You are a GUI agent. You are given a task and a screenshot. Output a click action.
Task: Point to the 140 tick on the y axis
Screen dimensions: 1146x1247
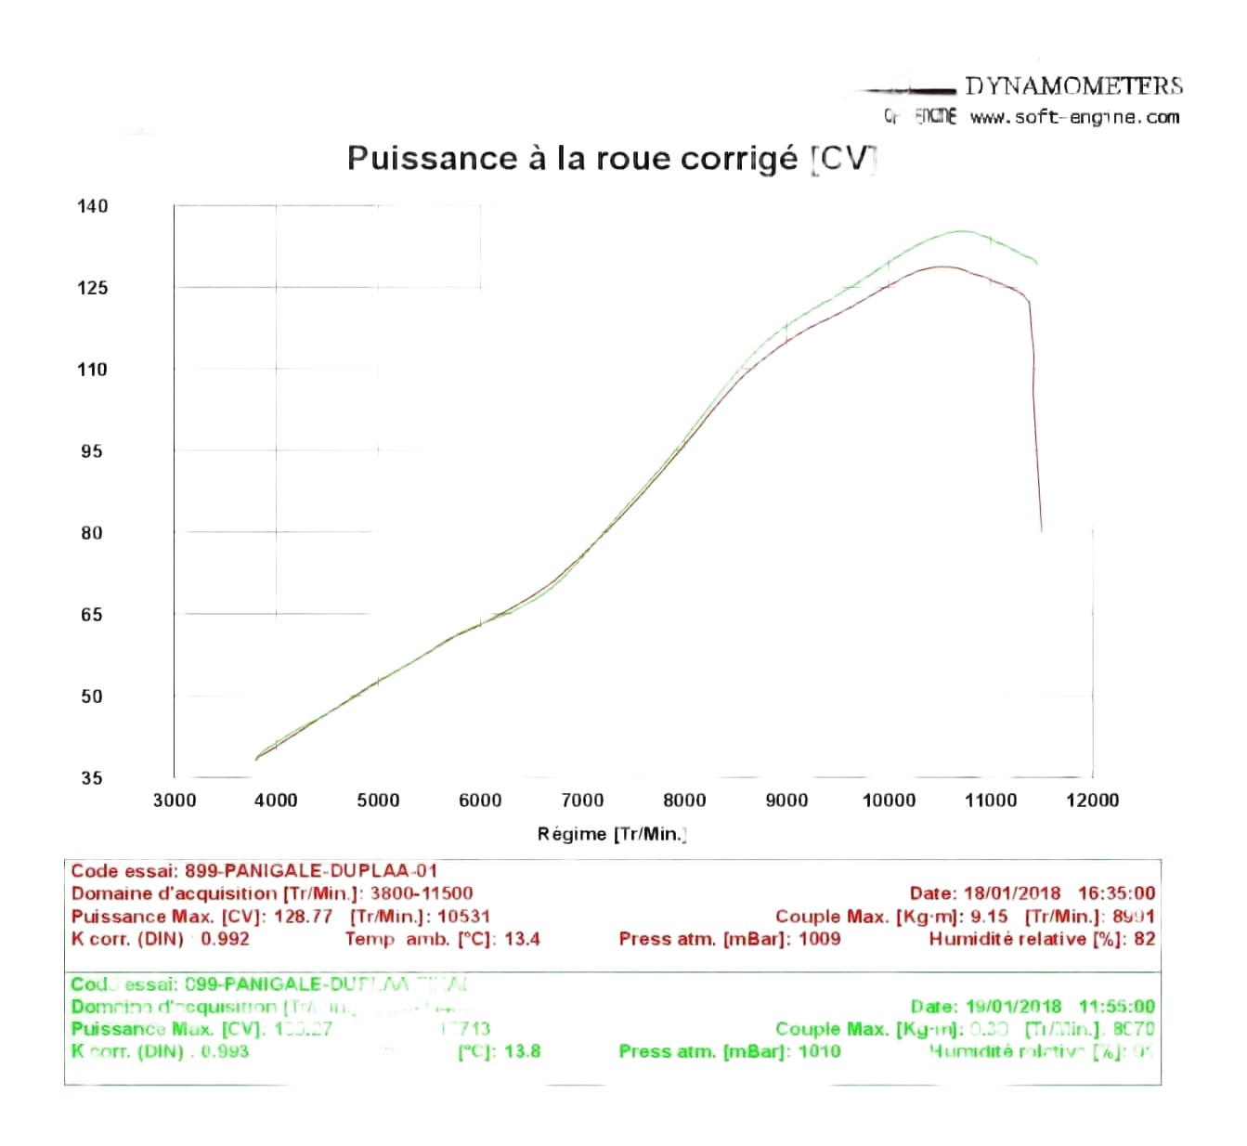[92, 206]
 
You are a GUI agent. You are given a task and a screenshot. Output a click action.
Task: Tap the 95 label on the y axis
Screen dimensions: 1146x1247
[92, 451]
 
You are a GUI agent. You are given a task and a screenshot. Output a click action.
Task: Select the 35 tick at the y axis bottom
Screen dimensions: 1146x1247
[92, 778]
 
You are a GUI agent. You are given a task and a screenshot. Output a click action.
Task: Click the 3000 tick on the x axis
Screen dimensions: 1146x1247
[175, 801]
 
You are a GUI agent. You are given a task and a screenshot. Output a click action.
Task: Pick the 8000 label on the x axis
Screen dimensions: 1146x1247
[684, 801]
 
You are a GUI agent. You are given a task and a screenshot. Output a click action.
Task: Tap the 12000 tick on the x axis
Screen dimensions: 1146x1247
[1092, 801]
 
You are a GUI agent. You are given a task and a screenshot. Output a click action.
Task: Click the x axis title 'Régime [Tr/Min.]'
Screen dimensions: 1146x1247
[612, 834]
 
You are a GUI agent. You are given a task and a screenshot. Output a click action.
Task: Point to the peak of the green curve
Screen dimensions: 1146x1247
[962, 231]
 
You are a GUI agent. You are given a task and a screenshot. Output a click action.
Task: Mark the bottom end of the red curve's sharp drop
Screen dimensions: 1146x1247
[1041, 530]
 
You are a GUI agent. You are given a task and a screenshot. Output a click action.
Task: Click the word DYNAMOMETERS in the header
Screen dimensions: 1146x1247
[1073, 86]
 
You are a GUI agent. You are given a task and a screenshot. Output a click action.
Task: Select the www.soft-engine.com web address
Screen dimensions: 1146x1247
[1074, 118]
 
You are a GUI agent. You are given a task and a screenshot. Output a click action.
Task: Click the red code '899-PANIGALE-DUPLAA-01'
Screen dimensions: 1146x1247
[311, 871]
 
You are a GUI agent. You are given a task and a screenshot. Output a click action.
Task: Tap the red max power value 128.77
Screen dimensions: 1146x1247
[303, 917]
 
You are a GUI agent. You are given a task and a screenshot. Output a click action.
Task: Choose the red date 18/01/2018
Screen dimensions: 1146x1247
[1012, 893]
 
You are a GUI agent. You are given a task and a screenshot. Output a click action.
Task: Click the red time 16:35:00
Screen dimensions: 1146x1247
[1116, 893]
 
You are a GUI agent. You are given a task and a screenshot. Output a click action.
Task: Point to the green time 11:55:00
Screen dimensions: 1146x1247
[1116, 1007]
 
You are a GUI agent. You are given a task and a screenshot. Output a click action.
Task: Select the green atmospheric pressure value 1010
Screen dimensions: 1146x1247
[819, 1051]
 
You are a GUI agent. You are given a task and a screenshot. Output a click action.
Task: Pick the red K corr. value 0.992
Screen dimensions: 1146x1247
[226, 939]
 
